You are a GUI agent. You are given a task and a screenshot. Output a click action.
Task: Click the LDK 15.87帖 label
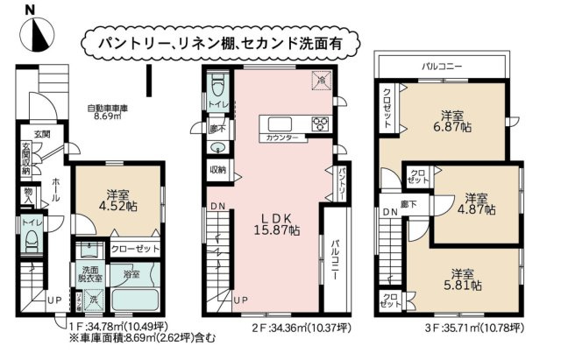coord(273,224)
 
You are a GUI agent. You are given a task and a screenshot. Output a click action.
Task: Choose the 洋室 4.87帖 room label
coord(480,203)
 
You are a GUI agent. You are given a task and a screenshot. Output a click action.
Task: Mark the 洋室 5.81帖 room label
coord(464,279)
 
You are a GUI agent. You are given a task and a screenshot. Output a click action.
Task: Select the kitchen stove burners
coord(320,123)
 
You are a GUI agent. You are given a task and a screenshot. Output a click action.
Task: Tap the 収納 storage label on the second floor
coord(218,169)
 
